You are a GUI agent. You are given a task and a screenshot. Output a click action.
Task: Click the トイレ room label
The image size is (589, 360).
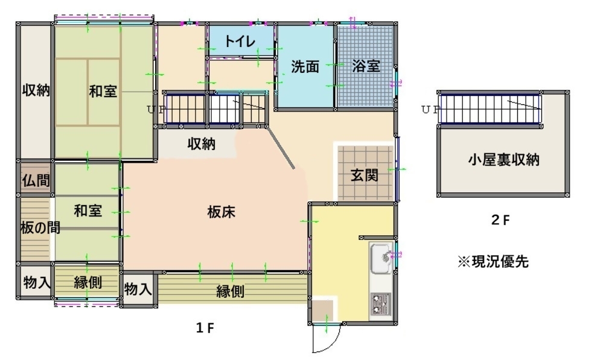pos(240,41)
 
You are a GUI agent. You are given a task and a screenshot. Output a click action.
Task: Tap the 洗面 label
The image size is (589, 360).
pos(305,67)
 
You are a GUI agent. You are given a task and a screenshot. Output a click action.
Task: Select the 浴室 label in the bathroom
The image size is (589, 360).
pos(366,66)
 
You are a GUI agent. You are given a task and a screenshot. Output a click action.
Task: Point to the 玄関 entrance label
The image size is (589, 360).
pos(365,175)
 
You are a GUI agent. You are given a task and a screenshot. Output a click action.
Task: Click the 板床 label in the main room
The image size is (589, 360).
pos(221,212)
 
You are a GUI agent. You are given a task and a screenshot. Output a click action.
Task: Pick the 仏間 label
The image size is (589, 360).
pos(36,180)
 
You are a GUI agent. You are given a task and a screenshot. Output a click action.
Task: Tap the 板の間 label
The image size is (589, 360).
pos(40,227)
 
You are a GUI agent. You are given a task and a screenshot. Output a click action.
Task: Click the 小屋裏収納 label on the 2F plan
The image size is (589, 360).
pos(504,160)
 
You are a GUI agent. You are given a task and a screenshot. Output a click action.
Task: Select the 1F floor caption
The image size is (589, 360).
pos(205,328)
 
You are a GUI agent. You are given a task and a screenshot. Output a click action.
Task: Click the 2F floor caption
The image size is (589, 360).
pos(500,220)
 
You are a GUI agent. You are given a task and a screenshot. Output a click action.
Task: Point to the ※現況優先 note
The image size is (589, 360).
pos(493,262)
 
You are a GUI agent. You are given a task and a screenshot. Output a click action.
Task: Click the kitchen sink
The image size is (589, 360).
pos(381,259)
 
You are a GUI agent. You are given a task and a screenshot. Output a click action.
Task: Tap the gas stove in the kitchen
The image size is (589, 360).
pos(381,304)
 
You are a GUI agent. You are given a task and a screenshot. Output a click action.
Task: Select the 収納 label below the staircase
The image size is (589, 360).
pos(202,144)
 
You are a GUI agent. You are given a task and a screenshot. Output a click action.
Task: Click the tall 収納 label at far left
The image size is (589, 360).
pos(36,90)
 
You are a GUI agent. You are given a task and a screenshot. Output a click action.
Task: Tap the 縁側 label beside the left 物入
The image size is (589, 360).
pos(88,282)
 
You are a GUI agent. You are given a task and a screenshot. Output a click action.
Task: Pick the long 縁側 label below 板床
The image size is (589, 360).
pos(231,291)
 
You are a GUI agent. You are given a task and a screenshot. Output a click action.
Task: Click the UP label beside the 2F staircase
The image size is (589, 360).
pos(430,110)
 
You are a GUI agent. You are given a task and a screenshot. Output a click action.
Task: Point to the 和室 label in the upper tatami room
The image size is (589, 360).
pos(103,91)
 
